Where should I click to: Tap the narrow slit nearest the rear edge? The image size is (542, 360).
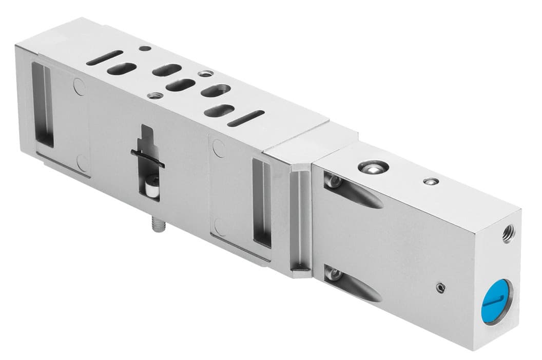pyautogui.click(x=105, y=57)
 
